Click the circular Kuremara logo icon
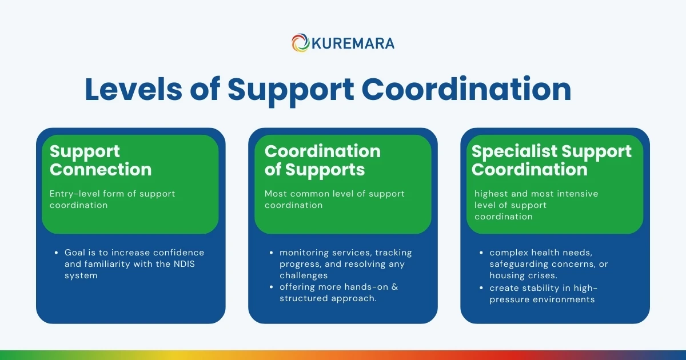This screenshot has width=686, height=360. pos(301,43)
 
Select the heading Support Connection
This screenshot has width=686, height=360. pos(101,161)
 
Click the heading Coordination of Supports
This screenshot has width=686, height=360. pos(322,161)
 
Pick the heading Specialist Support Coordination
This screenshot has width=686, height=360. pos(551,161)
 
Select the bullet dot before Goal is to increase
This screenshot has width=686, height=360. pos(57,253)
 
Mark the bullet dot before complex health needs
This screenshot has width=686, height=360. pos(482,253)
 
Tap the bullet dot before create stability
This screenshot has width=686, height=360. pos(482,287)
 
